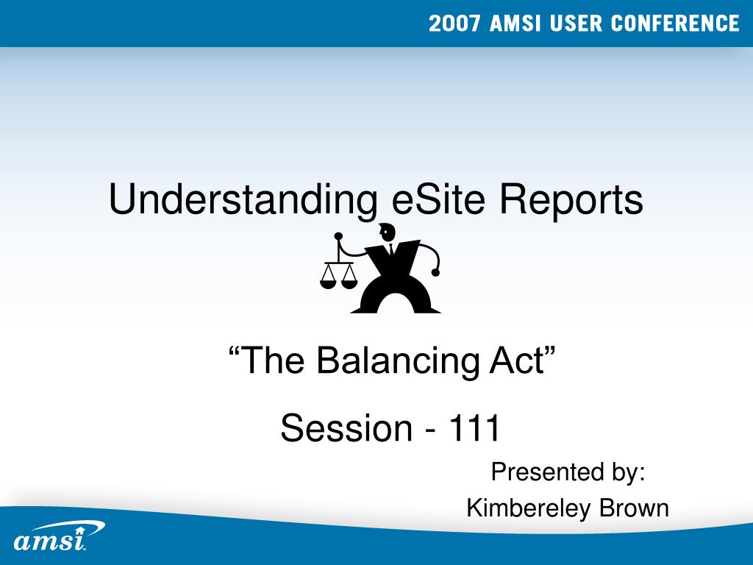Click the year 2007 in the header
tap(454, 24)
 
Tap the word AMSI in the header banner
tap(515, 24)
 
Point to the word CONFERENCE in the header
tap(675, 24)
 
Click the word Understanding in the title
tap(243, 200)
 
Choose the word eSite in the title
tap(438, 199)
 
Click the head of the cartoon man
tap(387, 232)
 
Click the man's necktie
tap(391, 249)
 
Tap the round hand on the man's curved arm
tap(435, 272)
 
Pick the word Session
tap(346, 427)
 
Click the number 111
tap(474, 427)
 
